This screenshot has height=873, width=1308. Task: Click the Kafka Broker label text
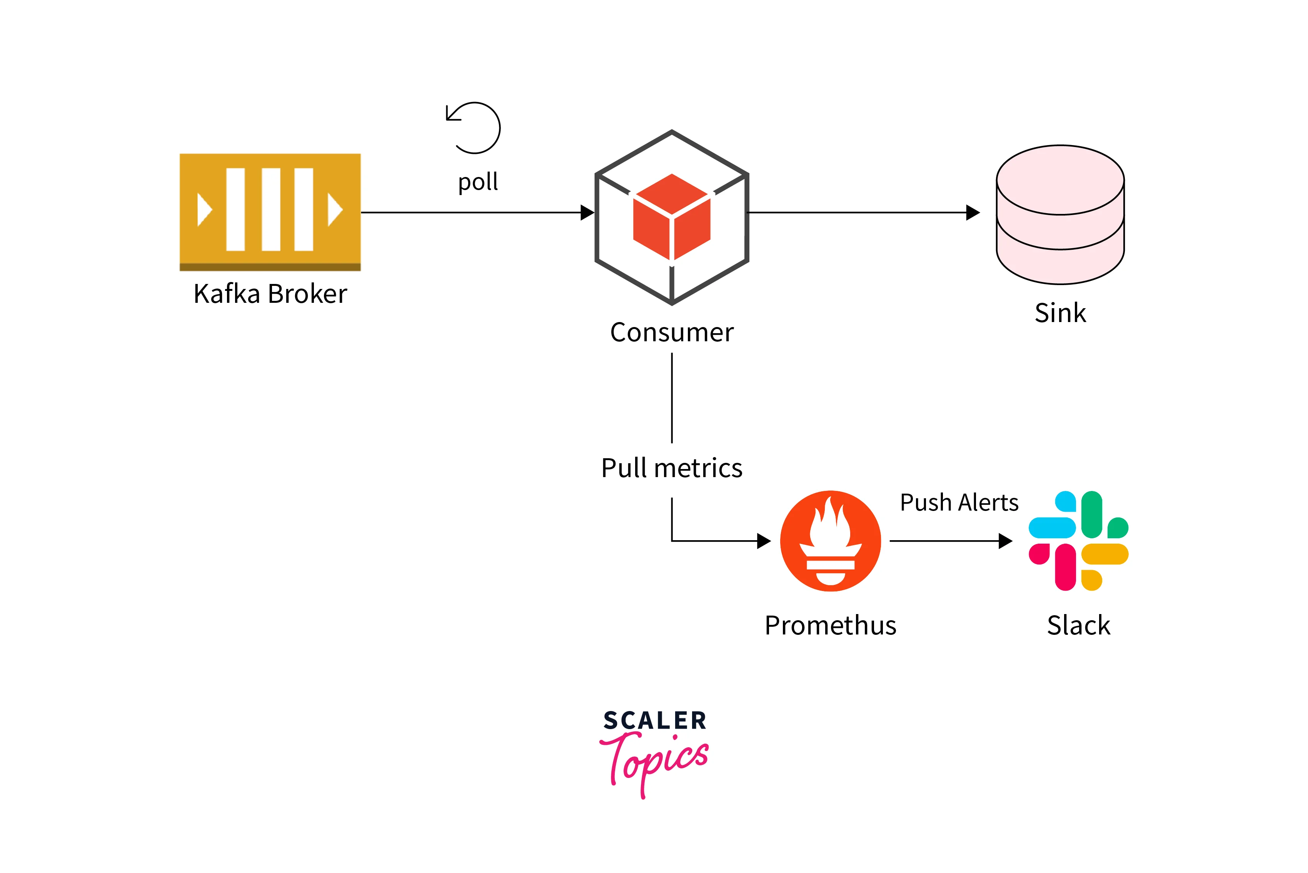(270, 294)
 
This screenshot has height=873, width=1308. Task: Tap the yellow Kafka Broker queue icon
(270, 212)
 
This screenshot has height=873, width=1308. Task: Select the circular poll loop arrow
(474, 128)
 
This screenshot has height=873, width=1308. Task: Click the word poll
(477, 182)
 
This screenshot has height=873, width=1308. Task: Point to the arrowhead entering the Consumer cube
(587, 212)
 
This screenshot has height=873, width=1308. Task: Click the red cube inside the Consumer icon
(672, 217)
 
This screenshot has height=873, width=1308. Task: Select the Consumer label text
(672, 332)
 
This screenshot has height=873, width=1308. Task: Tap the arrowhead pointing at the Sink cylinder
(973, 212)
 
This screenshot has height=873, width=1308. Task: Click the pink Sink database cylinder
(1060, 214)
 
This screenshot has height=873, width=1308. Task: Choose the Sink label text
(1060, 313)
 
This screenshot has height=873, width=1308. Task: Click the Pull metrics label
(672, 468)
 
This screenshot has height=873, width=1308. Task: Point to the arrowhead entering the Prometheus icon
(764, 541)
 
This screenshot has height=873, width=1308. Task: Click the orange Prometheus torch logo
(831, 541)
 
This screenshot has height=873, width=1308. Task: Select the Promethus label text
(831, 625)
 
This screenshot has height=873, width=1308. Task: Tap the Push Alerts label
(959, 503)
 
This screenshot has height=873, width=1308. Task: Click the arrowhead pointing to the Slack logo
(1005, 541)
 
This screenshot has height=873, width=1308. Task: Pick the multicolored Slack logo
(1078, 541)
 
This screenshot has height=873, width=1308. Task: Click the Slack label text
(1078, 625)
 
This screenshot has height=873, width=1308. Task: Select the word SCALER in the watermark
(655, 721)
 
